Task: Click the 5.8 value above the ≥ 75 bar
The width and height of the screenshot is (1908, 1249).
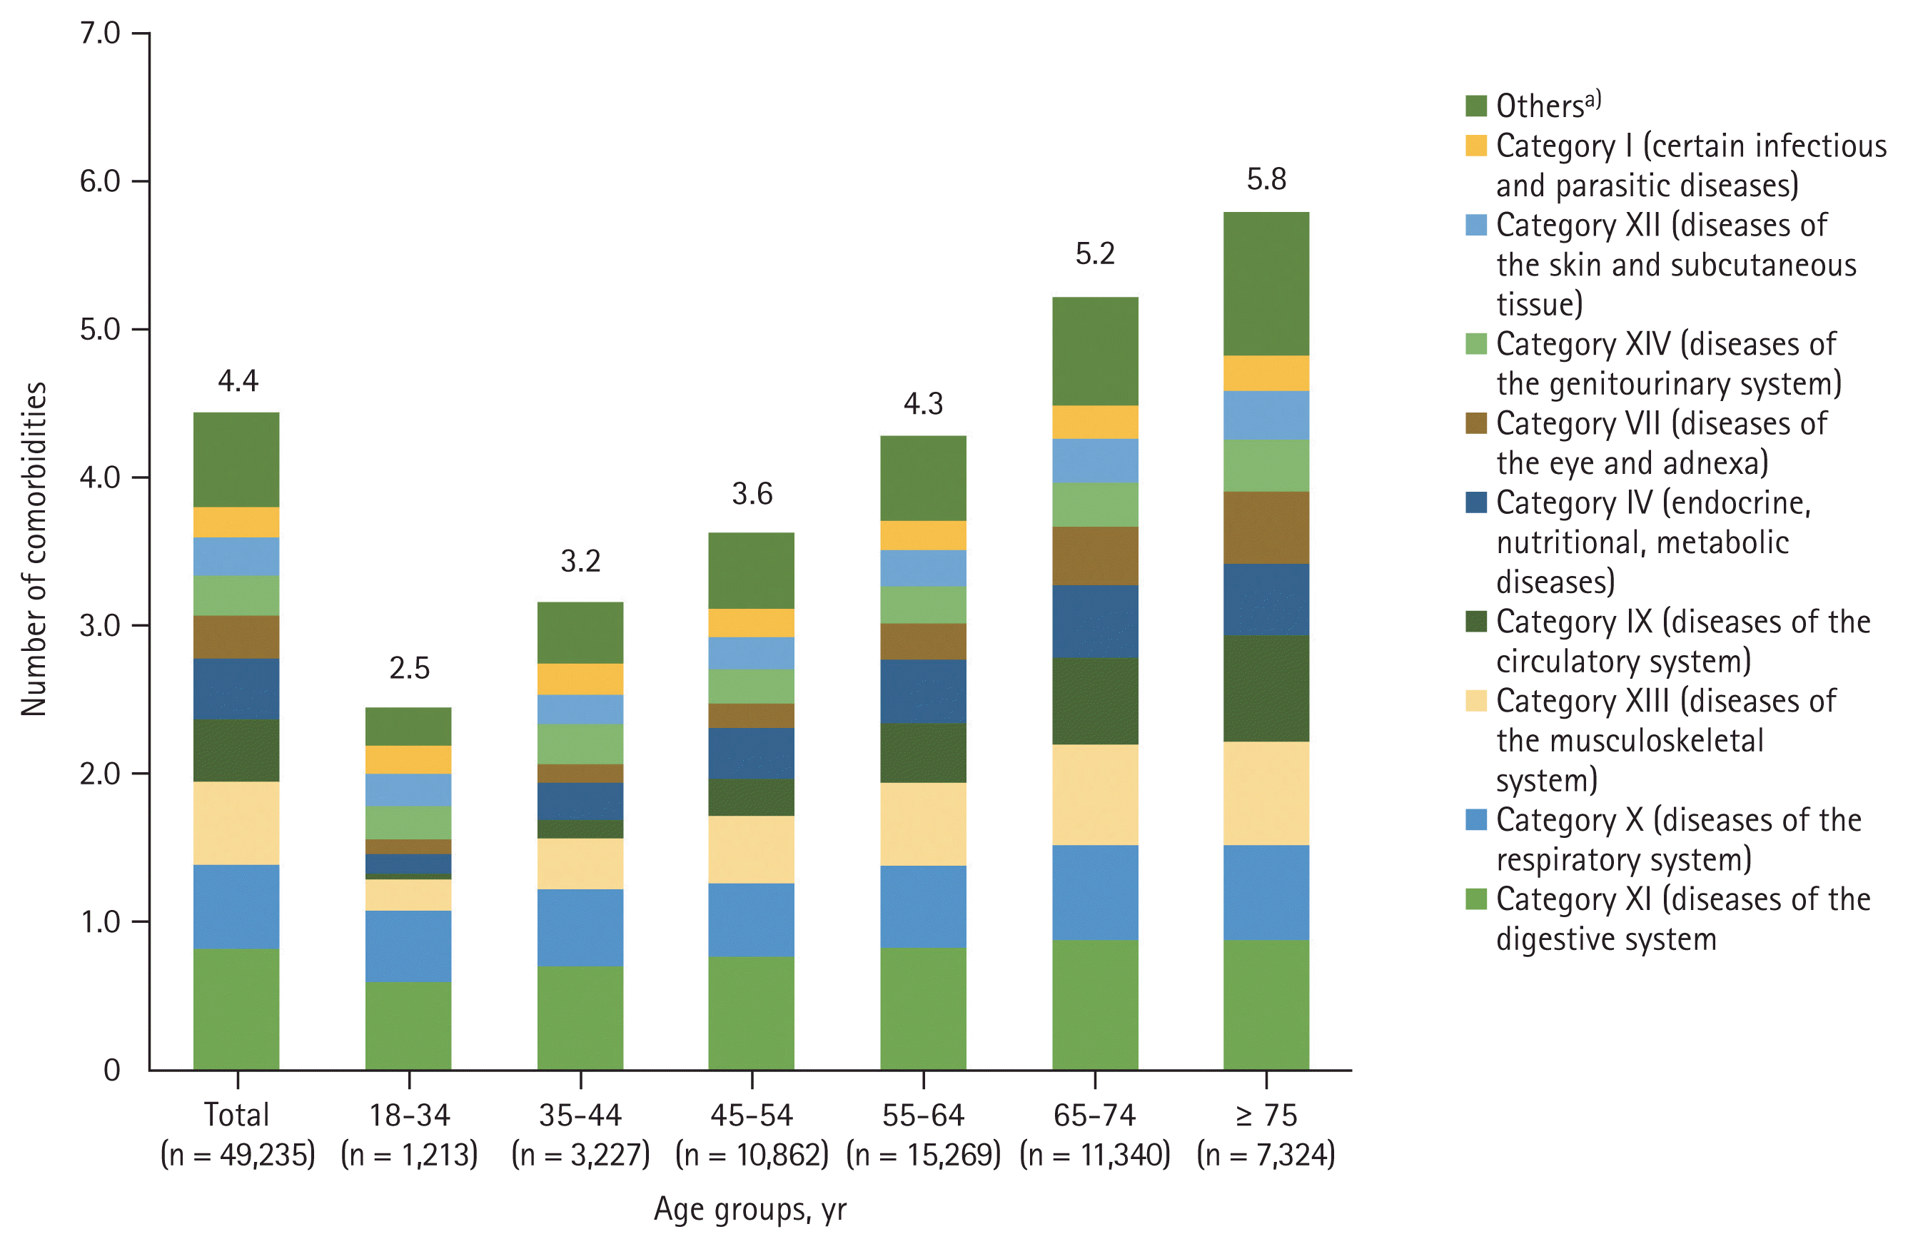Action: (x=1266, y=178)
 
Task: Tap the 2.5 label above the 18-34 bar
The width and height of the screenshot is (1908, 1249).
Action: (x=409, y=668)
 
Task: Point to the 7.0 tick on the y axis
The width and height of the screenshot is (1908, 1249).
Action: (x=100, y=33)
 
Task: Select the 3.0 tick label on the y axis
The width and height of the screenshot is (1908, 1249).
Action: (x=100, y=625)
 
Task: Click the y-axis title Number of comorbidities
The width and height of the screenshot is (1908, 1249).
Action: (x=34, y=549)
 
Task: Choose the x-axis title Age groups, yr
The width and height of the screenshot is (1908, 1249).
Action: (x=749, y=1209)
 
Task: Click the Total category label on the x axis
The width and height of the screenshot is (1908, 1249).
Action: (x=236, y=1115)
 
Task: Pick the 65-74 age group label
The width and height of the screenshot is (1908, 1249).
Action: (x=1094, y=1115)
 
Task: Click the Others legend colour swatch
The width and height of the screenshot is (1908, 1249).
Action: (x=1476, y=106)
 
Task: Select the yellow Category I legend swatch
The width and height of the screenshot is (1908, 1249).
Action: (x=1476, y=146)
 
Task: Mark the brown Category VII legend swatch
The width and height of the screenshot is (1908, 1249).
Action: (x=1476, y=423)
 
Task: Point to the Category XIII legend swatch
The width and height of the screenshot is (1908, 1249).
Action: (x=1476, y=701)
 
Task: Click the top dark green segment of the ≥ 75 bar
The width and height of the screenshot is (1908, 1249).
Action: (x=1266, y=284)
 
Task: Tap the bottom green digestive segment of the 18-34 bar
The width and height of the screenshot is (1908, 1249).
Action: (x=408, y=1026)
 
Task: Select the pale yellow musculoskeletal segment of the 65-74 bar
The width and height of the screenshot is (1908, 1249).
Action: (x=1094, y=794)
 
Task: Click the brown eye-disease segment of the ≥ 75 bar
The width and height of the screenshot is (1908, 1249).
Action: (x=1266, y=527)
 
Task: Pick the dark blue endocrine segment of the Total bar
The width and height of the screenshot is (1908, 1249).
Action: (x=236, y=689)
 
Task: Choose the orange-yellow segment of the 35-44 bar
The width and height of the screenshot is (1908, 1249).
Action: (x=580, y=679)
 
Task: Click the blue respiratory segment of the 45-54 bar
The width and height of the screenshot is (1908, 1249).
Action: (x=751, y=919)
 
